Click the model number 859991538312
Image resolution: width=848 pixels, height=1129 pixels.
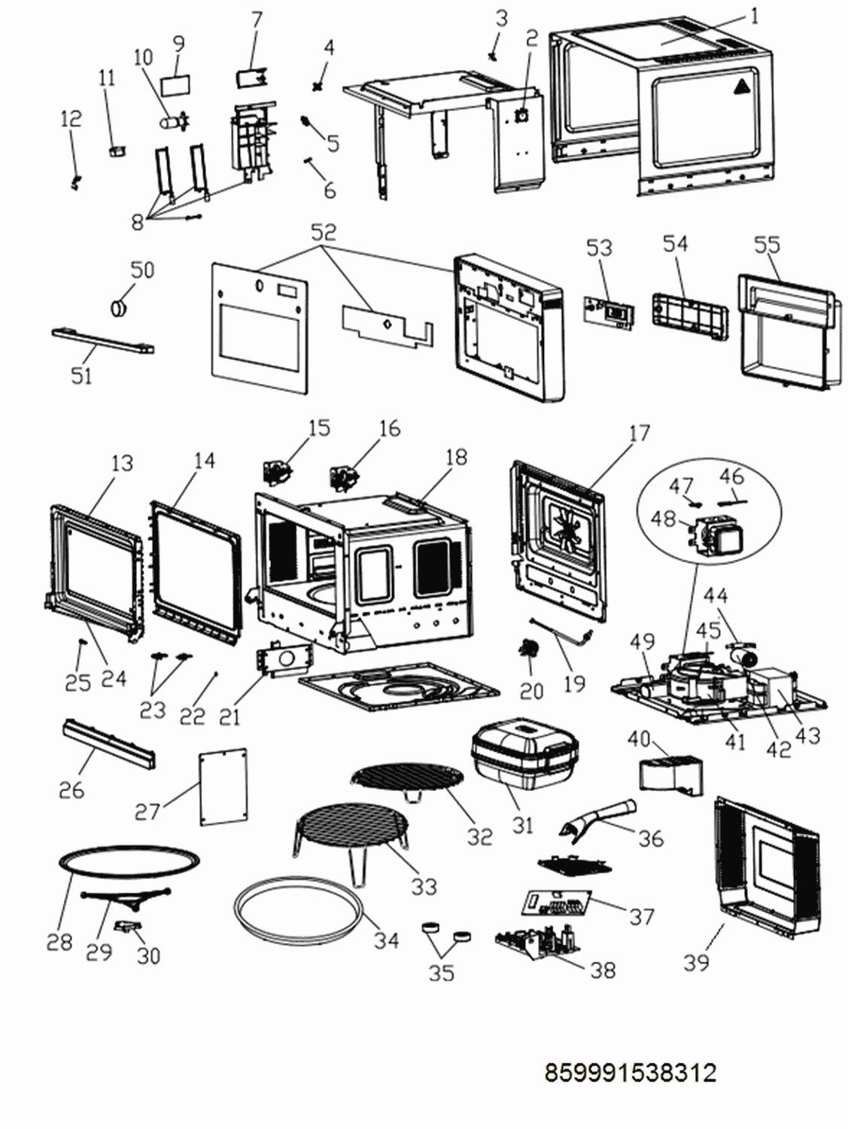click(x=630, y=1072)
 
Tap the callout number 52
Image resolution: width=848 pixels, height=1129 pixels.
click(x=324, y=233)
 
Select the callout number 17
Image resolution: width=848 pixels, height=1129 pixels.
click(x=638, y=433)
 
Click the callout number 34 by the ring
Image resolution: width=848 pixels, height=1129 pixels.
click(x=386, y=939)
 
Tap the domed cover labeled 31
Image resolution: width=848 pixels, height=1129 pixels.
click(x=524, y=751)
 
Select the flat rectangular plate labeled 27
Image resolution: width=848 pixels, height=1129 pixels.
click(x=223, y=785)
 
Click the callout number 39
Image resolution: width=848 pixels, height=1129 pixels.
click(x=697, y=961)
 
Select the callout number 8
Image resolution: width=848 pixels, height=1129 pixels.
click(x=137, y=221)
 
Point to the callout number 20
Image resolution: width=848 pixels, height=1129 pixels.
click(x=531, y=689)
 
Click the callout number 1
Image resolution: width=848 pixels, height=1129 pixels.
click(x=755, y=15)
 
